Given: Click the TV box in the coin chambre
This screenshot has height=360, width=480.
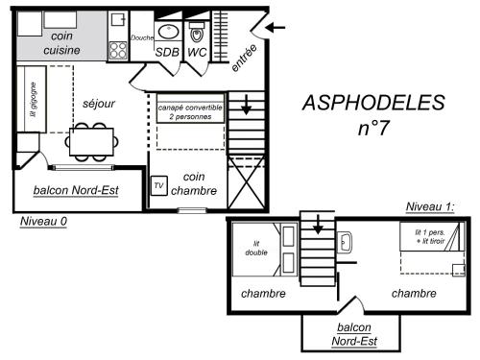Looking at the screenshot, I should [x=159, y=184].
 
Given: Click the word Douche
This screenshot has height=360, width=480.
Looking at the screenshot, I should [x=141, y=37].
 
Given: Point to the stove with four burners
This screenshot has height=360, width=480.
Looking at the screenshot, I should [x=120, y=48].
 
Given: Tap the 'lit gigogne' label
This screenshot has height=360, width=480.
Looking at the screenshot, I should [x=32, y=100].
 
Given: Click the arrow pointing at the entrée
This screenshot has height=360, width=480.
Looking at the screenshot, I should [x=274, y=27].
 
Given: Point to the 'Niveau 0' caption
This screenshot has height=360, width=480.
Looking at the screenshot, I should [x=44, y=222].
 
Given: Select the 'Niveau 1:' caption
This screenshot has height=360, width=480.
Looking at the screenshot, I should [x=430, y=206].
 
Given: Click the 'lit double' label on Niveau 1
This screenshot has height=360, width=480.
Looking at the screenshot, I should [x=256, y=249].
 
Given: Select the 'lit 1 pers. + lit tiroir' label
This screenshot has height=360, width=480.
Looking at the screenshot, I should [x=428, y=236].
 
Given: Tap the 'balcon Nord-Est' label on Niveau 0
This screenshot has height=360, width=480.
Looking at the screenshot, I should [x=76, y=190].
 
